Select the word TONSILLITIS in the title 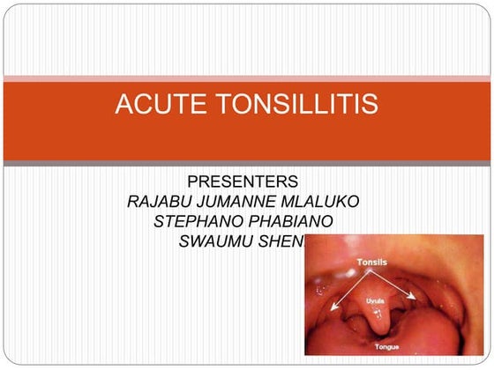[293, 106]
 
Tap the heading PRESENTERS [243, 183]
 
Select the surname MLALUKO [326, 202]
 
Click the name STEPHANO [194, 221]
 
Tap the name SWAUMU [213, 240]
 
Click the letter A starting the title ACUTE [124, 106]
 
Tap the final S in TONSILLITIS [371, 106]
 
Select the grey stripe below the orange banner [247, 164]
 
